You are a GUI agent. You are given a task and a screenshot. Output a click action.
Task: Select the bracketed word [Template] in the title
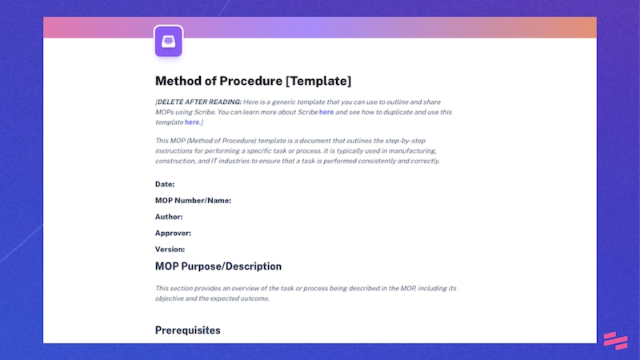[x=318, y=81]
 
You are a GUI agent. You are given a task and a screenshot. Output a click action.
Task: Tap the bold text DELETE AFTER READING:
[x=199, y=102]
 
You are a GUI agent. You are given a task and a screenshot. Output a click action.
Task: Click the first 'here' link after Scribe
[x=326, y=112]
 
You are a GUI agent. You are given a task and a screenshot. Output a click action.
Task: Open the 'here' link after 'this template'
[x=192, y=122]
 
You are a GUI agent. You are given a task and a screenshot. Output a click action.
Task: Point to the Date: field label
[x=165, y=184]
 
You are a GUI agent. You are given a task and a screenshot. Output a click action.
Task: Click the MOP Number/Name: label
[x=193, y=200]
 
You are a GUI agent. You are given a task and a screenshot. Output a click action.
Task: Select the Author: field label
[x=169, y=216]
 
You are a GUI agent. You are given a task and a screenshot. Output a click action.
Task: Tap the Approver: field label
[x=173, y=233]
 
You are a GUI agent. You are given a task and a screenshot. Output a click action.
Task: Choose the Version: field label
[x=170, y=249]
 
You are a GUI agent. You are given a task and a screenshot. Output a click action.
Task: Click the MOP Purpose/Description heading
[x=218, y=266]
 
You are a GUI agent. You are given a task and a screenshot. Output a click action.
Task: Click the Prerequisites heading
[x=187, y=330]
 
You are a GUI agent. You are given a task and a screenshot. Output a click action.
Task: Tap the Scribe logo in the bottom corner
[x=614, y=340]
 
